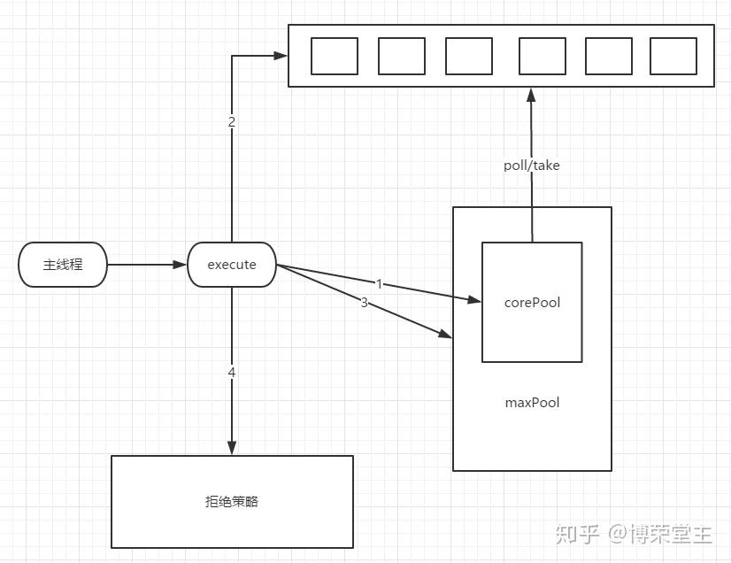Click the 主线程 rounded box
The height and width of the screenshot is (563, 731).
(63, 265)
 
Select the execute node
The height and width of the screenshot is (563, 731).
(232, 265)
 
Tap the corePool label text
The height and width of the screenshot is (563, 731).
(532, 303)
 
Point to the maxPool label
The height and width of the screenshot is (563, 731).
(532, 403)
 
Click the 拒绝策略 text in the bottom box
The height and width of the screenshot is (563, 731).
(232, 501)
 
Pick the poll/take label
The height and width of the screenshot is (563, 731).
(532, 166)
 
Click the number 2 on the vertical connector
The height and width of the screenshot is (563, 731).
(232, 122)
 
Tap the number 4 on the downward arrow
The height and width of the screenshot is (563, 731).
(232, 373)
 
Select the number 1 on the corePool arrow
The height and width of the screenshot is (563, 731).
(379, 283)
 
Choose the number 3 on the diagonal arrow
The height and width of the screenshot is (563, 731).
(364, 303)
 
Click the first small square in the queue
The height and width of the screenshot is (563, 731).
(335, 56)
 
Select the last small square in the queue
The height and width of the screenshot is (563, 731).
(673, 56)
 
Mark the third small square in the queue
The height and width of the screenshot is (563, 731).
(469, 56)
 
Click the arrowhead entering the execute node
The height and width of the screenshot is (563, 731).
(180, 265)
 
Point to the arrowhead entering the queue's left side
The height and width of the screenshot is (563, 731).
(281, 56)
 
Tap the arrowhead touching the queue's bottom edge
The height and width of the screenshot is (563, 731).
(531, 95)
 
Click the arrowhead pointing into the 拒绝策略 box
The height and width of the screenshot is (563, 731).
(232, 448)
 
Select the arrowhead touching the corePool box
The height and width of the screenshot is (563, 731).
(474, 299)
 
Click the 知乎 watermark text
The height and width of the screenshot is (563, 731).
(577, 534)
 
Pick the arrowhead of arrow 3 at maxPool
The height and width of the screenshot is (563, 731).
(445, 334)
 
